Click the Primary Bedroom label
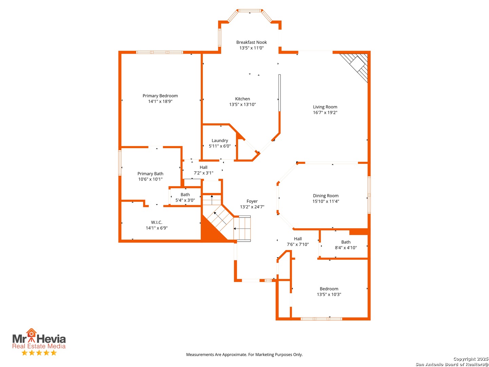[160, 95]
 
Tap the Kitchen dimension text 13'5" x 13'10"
[242, 104]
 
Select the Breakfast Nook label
[251, 42]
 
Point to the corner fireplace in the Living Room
[356, 66]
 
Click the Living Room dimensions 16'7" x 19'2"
[325, 112]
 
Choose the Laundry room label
[220, 140]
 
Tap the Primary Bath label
[150, 174]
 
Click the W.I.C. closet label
[157, 222]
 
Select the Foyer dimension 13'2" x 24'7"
[252, 207]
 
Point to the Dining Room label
[325, 195]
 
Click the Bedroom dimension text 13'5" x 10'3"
[329, 294]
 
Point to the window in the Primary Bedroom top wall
[160, 52]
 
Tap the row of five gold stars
[39, 352]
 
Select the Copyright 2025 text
[470, 359]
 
